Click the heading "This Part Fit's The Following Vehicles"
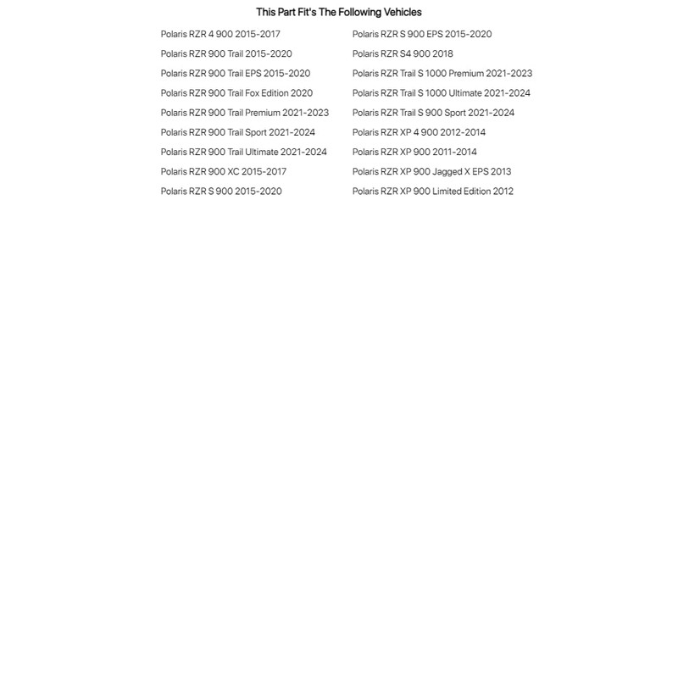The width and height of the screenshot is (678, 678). (338, 12)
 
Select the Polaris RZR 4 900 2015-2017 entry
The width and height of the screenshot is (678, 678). (220, 34)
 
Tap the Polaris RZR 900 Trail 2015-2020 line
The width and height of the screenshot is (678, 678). (226, 53)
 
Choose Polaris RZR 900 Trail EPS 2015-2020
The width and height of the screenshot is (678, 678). (236, 73)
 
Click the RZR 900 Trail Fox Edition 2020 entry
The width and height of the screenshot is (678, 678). (236, 93)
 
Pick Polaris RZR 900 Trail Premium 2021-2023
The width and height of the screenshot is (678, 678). (245, 113)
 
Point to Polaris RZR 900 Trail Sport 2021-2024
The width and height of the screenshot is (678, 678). (238, 132)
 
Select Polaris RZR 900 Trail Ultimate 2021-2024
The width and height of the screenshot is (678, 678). (244, 152)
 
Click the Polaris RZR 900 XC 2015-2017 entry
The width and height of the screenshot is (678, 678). (224, 171)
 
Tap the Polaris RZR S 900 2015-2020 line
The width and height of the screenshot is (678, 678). (221, 191)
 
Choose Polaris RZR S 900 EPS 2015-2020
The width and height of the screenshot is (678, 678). (422, 34)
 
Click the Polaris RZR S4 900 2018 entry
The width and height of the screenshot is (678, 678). (403, 53)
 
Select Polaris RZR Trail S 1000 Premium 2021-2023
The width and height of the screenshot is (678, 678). (442, 73)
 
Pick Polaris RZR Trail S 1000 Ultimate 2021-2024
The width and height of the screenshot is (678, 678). (442, 93)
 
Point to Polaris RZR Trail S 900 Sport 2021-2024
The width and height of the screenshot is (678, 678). (433, 113)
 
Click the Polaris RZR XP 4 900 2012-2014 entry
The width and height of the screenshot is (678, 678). (419, 132)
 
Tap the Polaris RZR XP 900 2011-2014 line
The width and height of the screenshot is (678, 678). (414, 152)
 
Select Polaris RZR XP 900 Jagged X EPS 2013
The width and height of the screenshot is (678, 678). (431, 171)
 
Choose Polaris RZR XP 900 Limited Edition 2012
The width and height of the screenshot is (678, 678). (433, 191)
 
